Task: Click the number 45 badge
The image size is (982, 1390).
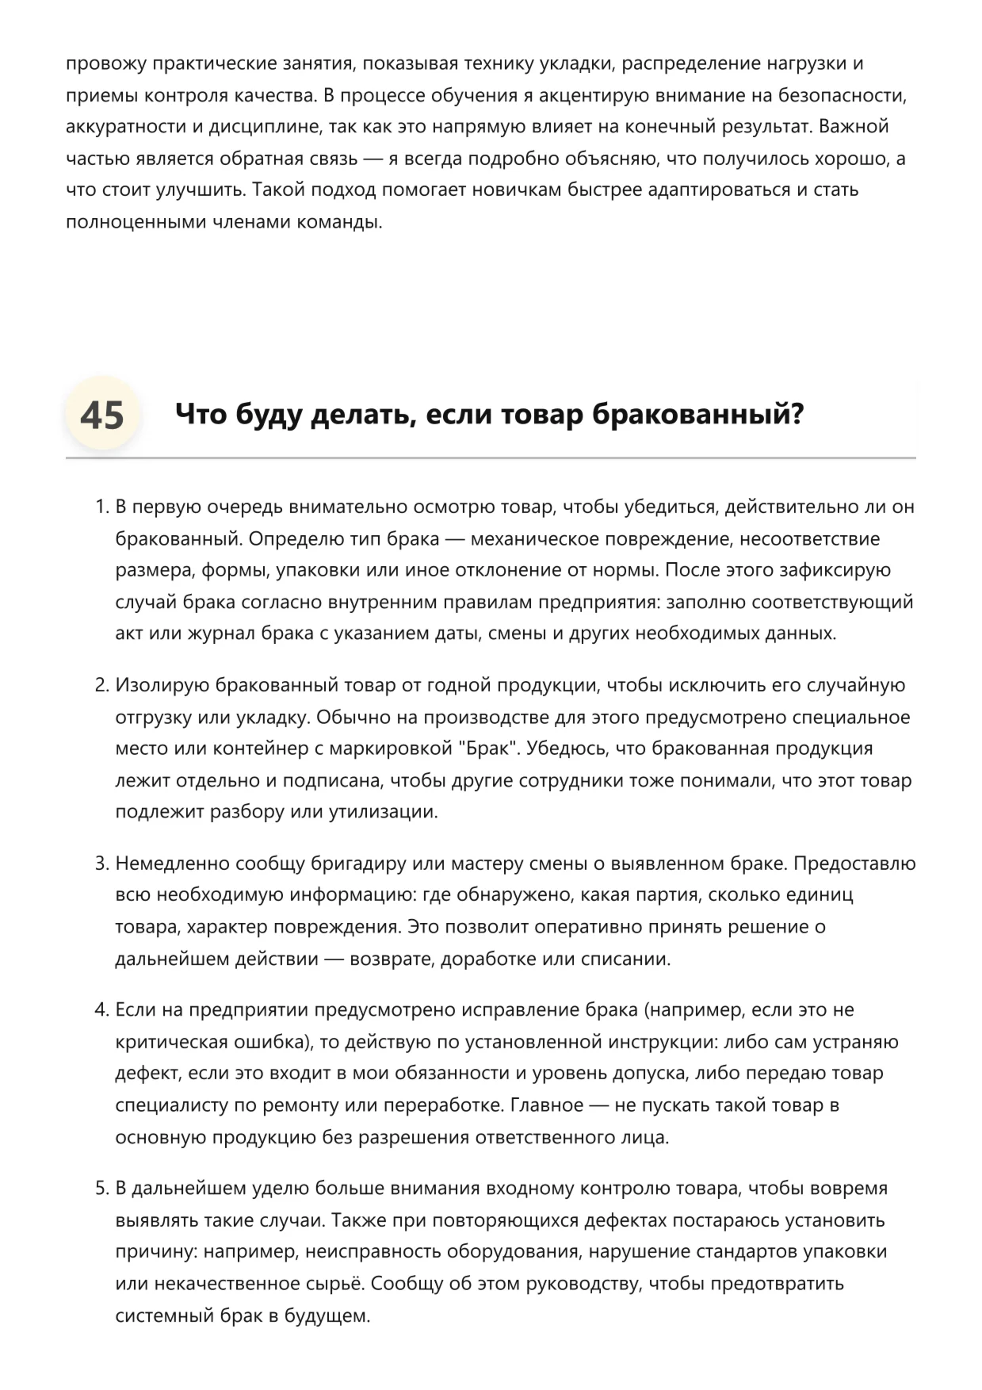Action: coord(102,415)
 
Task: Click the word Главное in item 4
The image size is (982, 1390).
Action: coord(547,1105)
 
